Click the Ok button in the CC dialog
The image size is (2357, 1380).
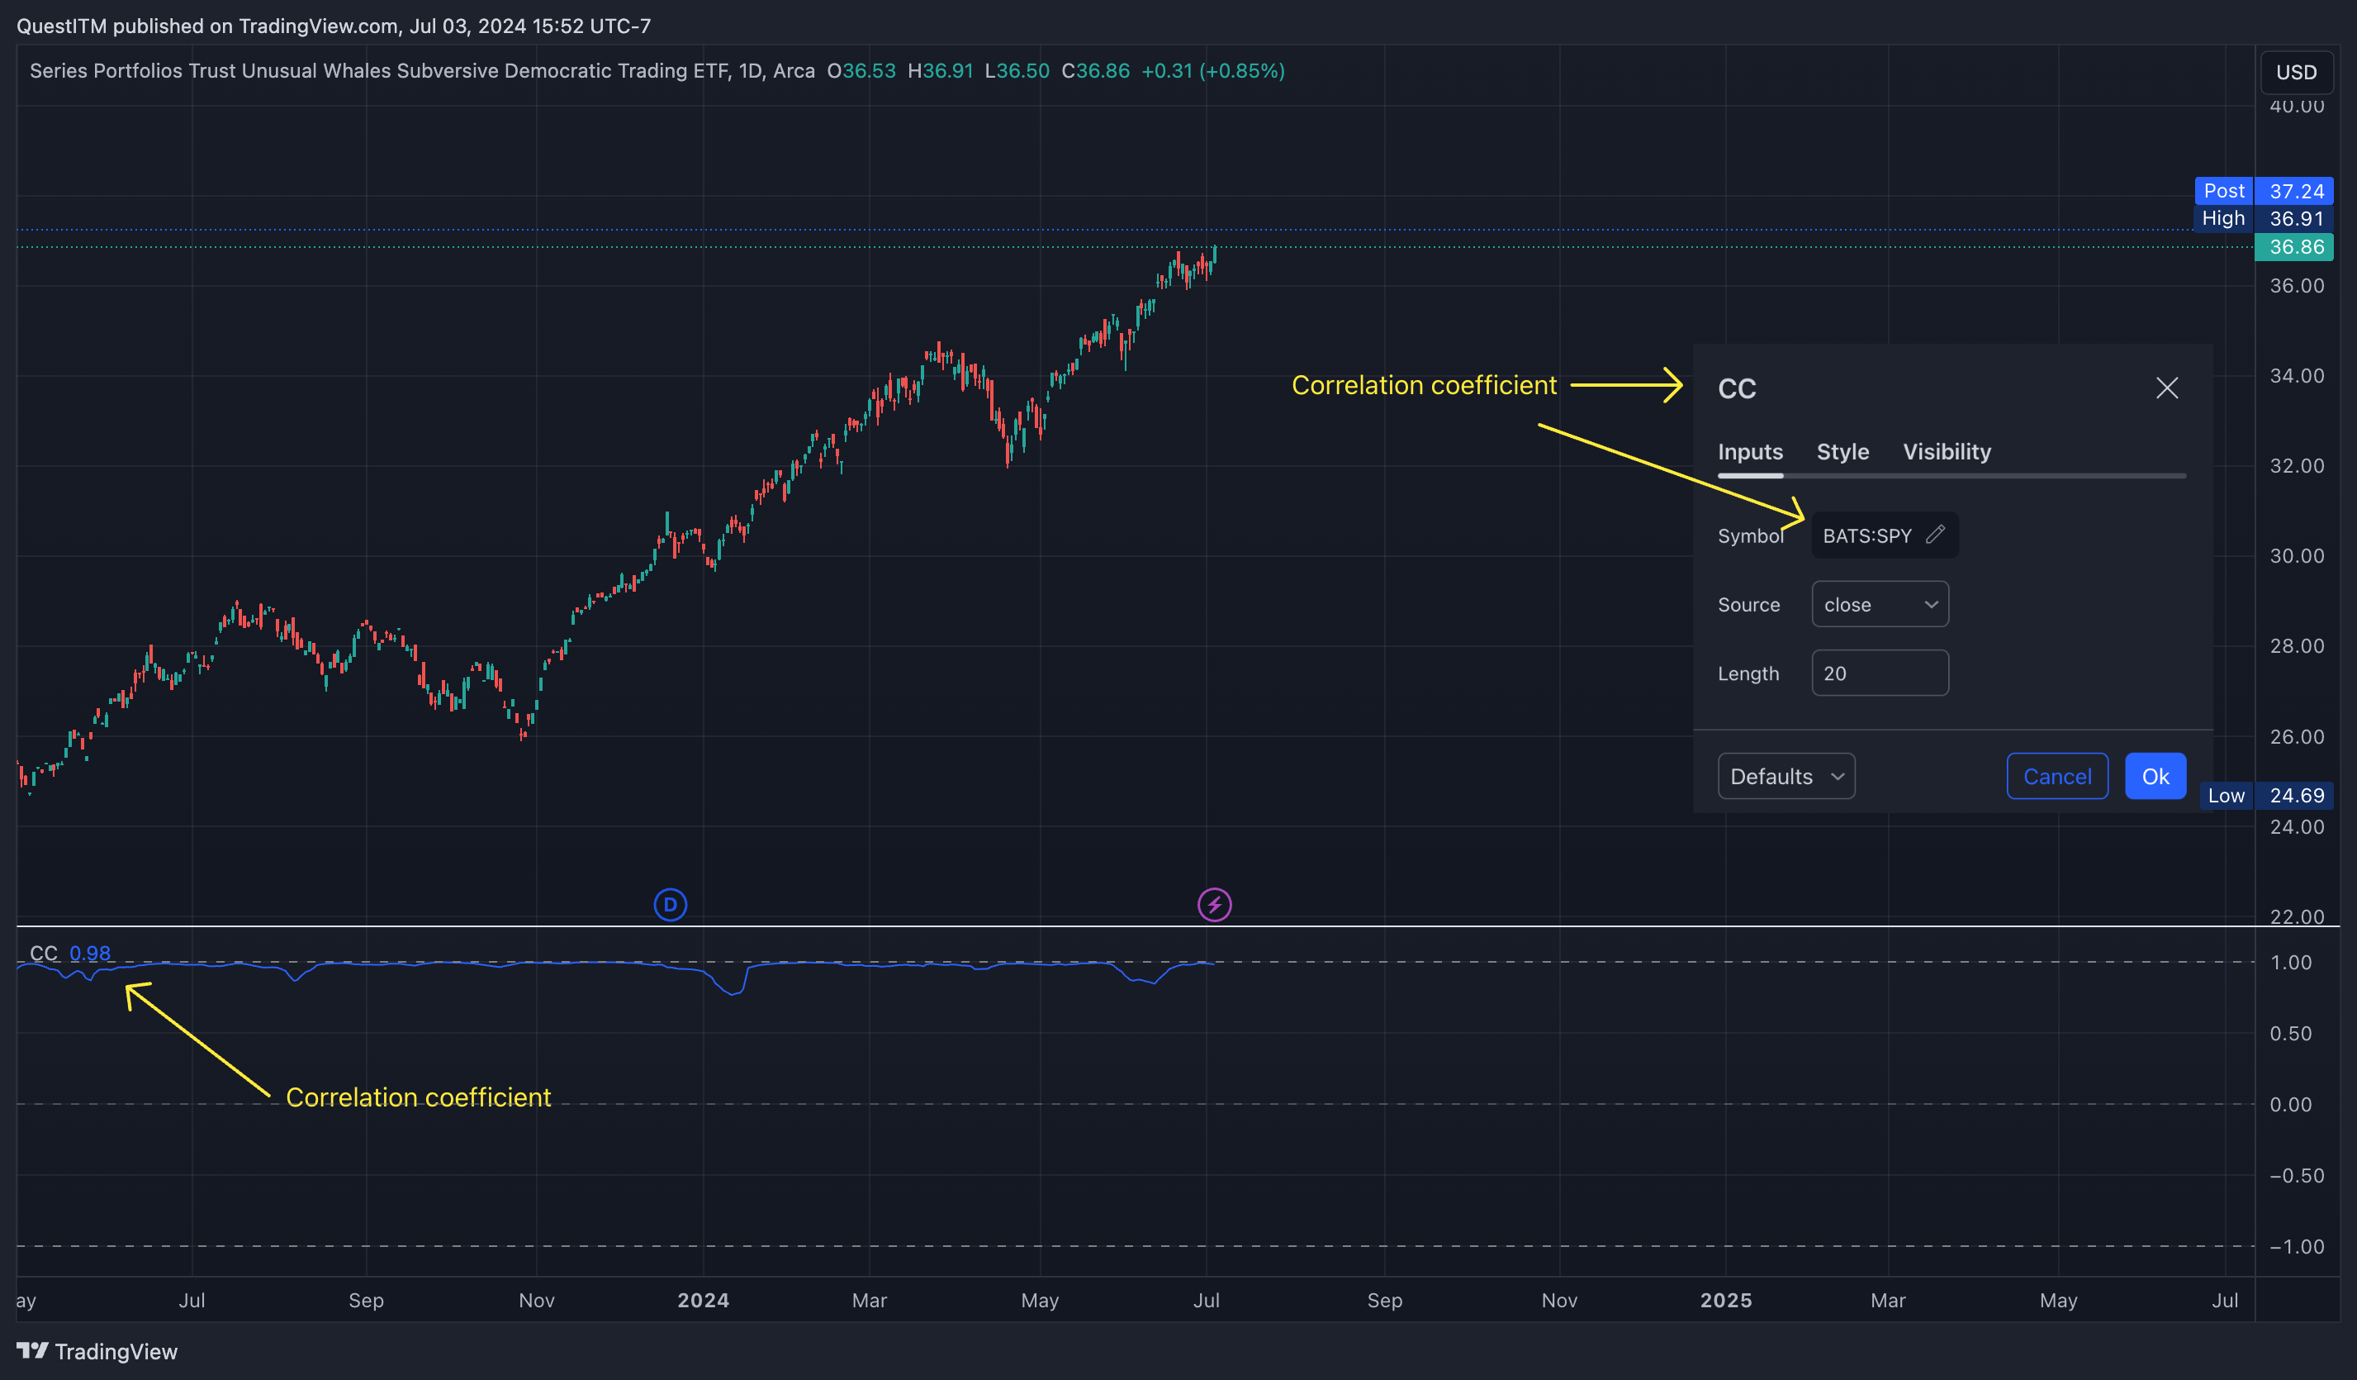(2154, 776)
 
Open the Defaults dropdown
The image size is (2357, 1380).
(1786, 776)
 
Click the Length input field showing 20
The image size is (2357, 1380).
(1879, 673)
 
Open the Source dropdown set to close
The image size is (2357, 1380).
(1879, 604)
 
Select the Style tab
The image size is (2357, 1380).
(1842, 452)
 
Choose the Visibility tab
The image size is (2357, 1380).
(1947, 452)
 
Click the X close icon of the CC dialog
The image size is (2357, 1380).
(2166, 388)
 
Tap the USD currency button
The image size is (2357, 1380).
(2295, 72)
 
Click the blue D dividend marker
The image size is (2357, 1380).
(670, 905)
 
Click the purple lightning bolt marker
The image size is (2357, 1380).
(1214, 905)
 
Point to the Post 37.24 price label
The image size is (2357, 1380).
(2264, 191)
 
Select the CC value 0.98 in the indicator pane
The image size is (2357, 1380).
(90, 953)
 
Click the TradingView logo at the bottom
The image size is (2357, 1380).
(97, 1351)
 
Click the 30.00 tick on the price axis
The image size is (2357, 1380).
(2296, 556)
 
